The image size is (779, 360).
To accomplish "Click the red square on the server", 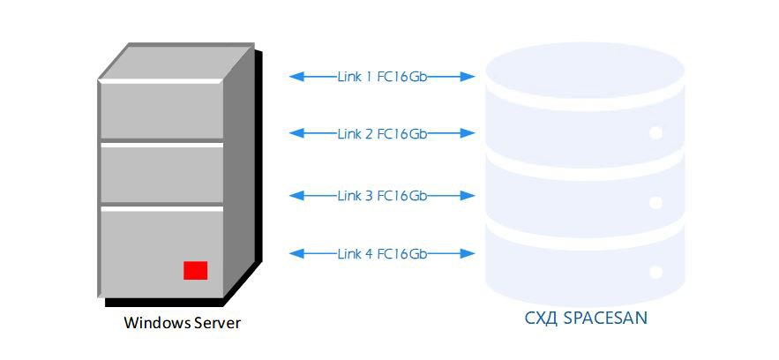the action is pyautogui.click(x=195, y=270).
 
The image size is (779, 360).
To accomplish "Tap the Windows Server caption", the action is pyautogui.click(x=183, y=323).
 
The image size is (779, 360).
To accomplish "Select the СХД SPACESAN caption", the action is pyautogui.click(x=587, y=318).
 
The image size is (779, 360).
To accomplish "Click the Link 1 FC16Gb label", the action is pyautogui.click(x=382, y=77).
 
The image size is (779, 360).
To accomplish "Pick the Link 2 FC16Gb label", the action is pyautogui.click(x=382, y=133).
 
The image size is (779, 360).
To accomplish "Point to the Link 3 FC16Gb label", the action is pyautogui.click(x=382, y=196).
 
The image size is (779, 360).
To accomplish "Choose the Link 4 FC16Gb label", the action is pyautogui.click(x=382, y=254).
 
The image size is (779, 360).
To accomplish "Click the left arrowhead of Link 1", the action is pyautogui.click(x=296, y=77).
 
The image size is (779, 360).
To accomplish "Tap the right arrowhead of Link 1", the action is pyautogui.click(x=468, y=77).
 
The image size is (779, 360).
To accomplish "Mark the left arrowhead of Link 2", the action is pyautogui.click(x=296, y=133).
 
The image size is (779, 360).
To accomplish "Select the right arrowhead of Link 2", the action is pyautogui.click(x=468, y=133).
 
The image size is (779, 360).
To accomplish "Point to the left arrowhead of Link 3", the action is pyautogui.click(x=296, y=196).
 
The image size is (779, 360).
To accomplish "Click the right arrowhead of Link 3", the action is pyautogui.click(x=468, y=196).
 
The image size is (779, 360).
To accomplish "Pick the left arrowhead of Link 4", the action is pyautogui.click(x=296, y=254).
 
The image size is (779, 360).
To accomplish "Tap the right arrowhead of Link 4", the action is pyautogui.click(x=468, y=254).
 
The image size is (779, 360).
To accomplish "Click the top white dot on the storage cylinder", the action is pyautogui.click(x=655, y=133).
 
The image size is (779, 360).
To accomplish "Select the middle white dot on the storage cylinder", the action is pyautogui.click(x=655, y=203).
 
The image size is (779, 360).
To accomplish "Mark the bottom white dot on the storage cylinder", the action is pyautogui.click(x=655, y=272).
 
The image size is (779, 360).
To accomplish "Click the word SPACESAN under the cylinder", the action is pyautogui.click(x=605, y=318).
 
